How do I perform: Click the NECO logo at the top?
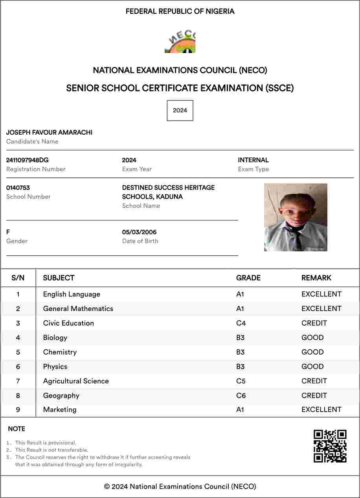click(x=180, y=42)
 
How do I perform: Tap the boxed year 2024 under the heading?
click(x=180, y=110)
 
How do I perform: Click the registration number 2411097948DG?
click(x=28, y=160)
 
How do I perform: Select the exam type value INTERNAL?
click(x=253, y=160)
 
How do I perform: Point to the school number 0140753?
click(x=18, y=188)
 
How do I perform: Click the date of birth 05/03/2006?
click(x=139, y=232)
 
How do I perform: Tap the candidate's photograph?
click(x=296, y=217)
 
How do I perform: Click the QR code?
click(x=330, y=446)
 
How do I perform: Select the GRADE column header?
click(x=248, y=278)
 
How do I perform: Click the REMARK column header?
click(x=316, y=278)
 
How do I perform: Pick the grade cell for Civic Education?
click(x=241, y=323)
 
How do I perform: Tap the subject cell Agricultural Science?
click(x=76, y=381)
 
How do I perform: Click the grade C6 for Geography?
click(x=241, y=395)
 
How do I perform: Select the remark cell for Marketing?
click(x=321, y=410)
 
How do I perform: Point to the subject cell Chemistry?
click(x=60, y=352)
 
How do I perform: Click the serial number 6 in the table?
click(x=18, y=366)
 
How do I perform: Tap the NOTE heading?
click(x=17, y=429)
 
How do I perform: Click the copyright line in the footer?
click(x=180, y=487)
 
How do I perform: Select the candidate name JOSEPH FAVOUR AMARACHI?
click(x=49, y=133)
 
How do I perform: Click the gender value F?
click(x=8, y=232)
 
